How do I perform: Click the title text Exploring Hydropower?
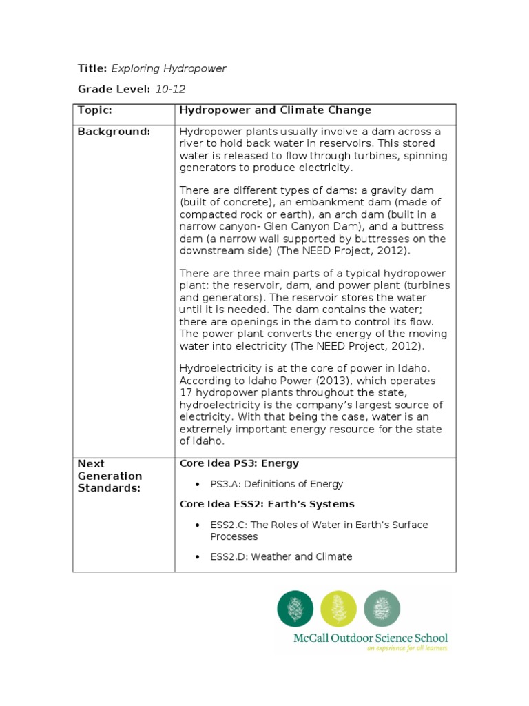point(168,68)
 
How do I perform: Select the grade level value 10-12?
point(171,89)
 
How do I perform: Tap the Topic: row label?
point(94,110)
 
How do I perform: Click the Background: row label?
point(114,132)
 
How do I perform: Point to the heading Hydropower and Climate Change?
point(275,110)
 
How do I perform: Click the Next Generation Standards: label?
point(110,476)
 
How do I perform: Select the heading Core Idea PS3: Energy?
point(239,463)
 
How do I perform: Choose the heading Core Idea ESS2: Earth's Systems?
point(267,504)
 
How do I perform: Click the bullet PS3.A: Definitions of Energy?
point(277,484)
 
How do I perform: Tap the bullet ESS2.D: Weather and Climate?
point(281,556)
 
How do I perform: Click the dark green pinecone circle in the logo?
point(295,608)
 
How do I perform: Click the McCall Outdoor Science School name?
point(371,638)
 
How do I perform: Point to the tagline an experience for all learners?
point(406,649)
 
